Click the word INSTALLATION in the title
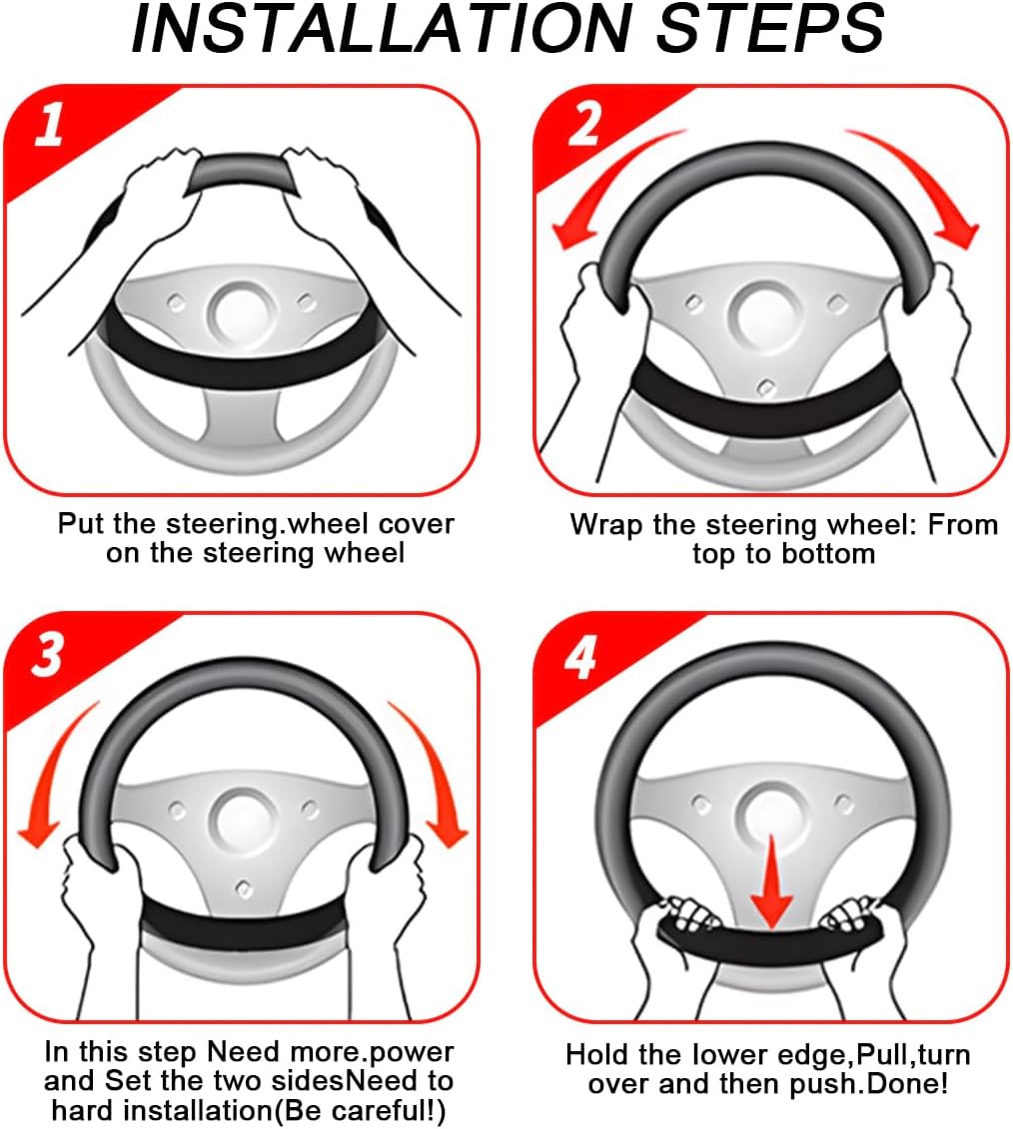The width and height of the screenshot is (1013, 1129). point(382,29)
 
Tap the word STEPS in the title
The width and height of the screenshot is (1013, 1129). point(770,29)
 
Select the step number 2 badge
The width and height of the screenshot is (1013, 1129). point(584,124)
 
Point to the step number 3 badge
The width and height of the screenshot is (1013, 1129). point(48,655)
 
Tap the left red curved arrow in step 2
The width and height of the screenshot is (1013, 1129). point(605,180)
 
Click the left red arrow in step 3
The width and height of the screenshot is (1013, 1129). point(54,771)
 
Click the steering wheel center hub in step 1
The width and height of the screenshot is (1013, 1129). point(242,313)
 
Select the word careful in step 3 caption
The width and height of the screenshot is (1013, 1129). point(374,1111)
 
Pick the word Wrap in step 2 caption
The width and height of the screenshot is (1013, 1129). point(606,526)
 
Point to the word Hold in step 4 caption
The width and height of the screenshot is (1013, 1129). point(597,1055)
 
